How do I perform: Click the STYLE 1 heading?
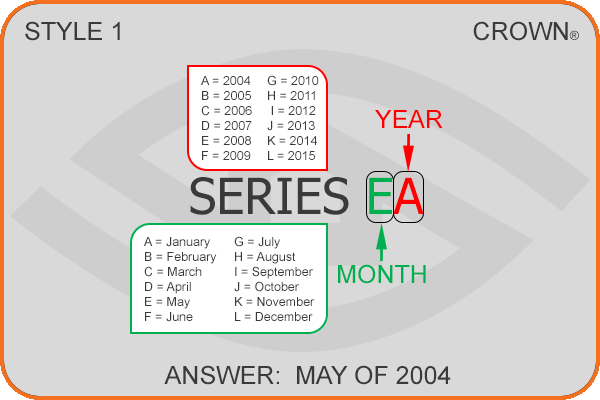(x=73, y=31)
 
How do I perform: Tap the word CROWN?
(x=521, y=31)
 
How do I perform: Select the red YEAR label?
(x=408, y=119)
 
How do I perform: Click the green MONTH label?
(x=382, y=274)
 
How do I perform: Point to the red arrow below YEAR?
(x=408, y=152)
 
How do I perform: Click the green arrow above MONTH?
(x=381, y=243)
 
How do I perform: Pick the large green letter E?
(x=379, y=197)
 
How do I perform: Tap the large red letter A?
(x=408, y=197)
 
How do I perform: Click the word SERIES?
(x=269, y=196)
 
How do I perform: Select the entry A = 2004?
(x=226, y=81)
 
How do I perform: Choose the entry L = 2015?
(x=291, y=156)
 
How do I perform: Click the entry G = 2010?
(x=293, y=81)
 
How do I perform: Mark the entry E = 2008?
(x=226, y=141)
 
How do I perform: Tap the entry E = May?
(x=167, y=302)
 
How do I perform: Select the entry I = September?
(x=274, y=272)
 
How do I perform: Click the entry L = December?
(x=273, y=317)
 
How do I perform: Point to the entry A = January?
(x=177, y=242)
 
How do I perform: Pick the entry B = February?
(x=180, y=257)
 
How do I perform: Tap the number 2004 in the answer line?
(x=423, y=375)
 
